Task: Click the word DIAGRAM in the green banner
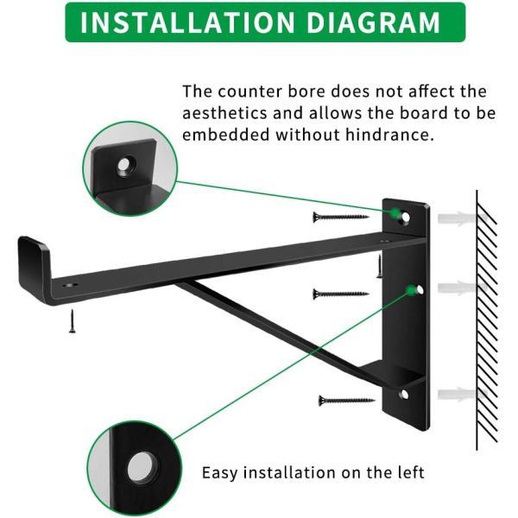pyautogui.click(x=373, y=22)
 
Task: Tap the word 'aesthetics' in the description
pyautogui.click(x=224, y=113)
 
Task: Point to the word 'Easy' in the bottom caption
pyautogui.click(x=219, y=473)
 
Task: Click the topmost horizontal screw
pyautogui.click(x=341, y=217)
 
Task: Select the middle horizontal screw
pyautogui.click(x=341, y=294)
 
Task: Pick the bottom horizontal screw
pyautogui.click(x=346, y=401)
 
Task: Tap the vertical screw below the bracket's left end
pyautogui.click(x=72, y=321)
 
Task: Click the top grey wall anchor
pyautogui.click(x=463, y=218)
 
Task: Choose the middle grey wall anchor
pyautogui.click(x=463, y=288)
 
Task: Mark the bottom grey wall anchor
pyautogui.click(x=463, y=395)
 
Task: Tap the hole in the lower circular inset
pyautogui.click(x=143, y=467)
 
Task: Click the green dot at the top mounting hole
pyautogui.click(x=395, y=213)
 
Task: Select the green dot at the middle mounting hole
pyautogui.click(x=411, y=291)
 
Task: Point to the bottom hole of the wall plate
pyautogui.click(x=404, y=395)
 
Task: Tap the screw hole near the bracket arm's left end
pyautogui.click(x=70, y=284)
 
